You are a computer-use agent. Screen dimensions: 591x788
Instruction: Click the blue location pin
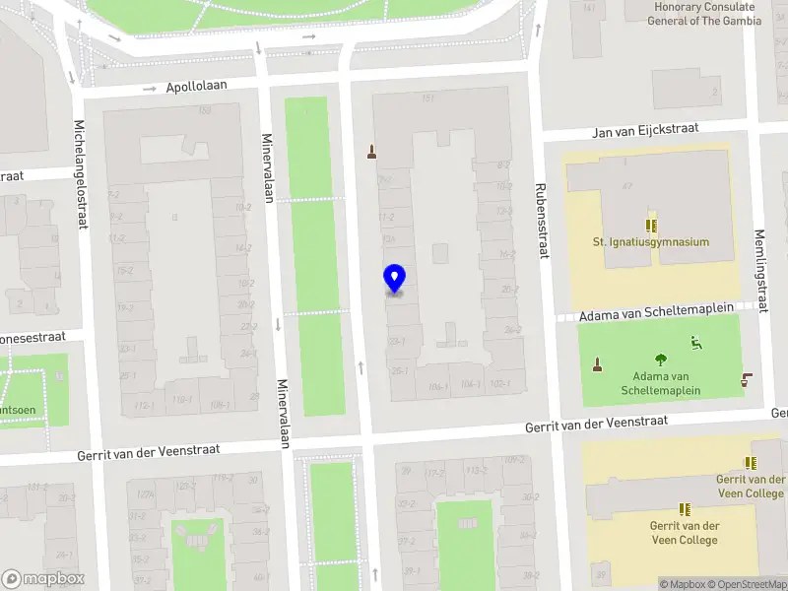click(x=394, y=279)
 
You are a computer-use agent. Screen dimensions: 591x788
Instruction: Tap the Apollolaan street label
click(x=196, y=87)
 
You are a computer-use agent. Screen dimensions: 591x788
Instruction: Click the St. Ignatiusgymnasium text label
click(x=650, y=242)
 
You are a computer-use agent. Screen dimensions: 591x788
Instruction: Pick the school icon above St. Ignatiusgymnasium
click(x=650, y=225)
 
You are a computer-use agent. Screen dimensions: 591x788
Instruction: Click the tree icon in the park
click(x=660, y=360)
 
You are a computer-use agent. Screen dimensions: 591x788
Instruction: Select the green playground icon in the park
click(x=696, y=343)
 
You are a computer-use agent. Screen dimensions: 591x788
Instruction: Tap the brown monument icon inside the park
click(x=597, y=366)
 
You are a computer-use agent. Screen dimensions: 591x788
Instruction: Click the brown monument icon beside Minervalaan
click(x=371, y=152)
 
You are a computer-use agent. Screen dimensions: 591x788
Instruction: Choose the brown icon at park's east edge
click(x=746, y=379)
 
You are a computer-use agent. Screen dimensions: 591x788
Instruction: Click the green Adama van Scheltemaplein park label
click(x=660, y=383)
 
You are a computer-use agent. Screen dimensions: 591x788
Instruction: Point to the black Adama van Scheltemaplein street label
click(x=657, y=312)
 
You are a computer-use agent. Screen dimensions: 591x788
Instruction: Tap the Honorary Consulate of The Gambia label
click(x=708, y=14)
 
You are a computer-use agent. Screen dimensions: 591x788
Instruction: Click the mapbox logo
click(x=43, y=579)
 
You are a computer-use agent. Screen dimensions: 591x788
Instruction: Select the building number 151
click(x=428, y=98)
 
